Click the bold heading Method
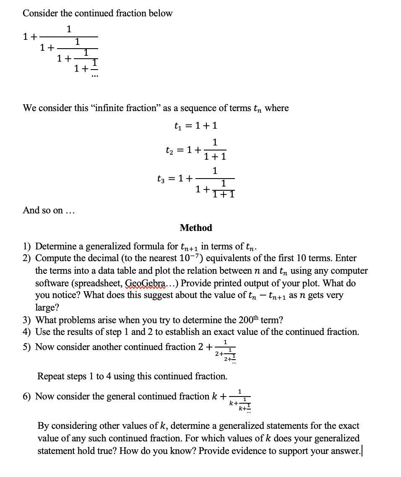[196, 228]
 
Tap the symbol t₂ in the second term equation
[170, 149]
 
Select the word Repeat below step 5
[51, 376]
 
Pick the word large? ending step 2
[47, 308]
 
